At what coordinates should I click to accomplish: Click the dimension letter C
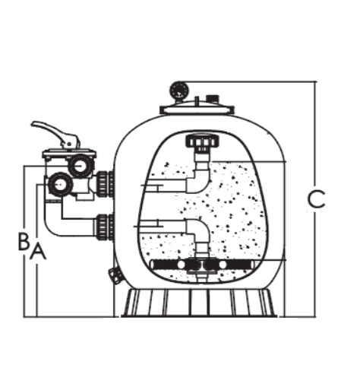click(x=316, y=199)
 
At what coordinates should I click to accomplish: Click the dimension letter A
click(x=38, y=251)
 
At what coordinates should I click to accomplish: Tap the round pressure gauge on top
click(x=179, y=90)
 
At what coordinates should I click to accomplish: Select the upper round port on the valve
click(x=80, y=166)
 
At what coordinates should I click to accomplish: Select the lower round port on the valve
click(x=60, y=184)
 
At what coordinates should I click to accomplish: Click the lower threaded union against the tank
click(x=105, y=227)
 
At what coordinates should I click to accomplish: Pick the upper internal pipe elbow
click(x=199, y=177)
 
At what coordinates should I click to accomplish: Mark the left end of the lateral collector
click(x=153, y=265)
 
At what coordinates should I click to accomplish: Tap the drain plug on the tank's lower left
click(x=115, y=275)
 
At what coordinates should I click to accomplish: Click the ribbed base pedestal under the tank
click(x=199, y=303)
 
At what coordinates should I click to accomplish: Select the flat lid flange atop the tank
click(x=197, y=109)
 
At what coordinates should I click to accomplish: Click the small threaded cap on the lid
click(x=213, y=98)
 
